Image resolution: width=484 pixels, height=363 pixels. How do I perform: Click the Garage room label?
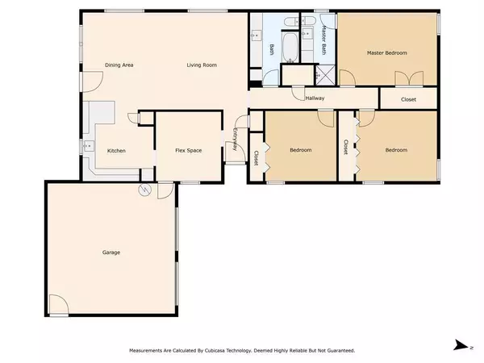click(111, 252)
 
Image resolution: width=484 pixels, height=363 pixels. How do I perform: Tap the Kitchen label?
click(115, 151)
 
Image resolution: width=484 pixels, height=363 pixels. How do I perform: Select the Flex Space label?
click(188, 150)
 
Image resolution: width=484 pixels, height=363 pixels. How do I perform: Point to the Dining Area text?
click(119, 65)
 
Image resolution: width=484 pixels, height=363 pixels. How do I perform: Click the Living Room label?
click(202, 65)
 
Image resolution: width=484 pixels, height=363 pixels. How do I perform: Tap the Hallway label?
click(315, 98)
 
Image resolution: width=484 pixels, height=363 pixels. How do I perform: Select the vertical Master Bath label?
click(323, 39)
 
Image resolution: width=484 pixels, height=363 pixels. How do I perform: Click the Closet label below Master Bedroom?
click(409, 99)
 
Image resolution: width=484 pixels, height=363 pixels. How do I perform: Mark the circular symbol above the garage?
click(145, 190)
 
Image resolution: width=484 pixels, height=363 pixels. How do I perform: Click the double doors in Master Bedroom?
click(407, 77)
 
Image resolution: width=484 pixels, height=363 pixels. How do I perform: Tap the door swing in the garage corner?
click(56, 305)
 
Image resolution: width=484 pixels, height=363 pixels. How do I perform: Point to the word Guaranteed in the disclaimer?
click(339, 351)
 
